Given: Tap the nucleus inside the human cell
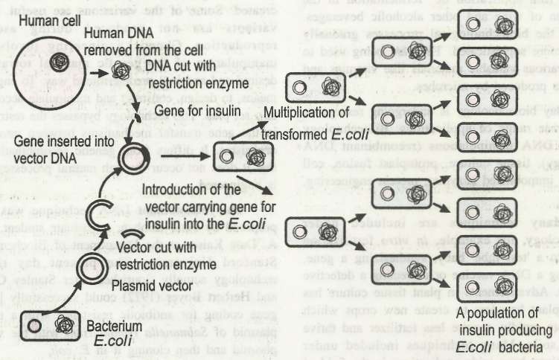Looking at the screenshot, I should click(x=57, y=61).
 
